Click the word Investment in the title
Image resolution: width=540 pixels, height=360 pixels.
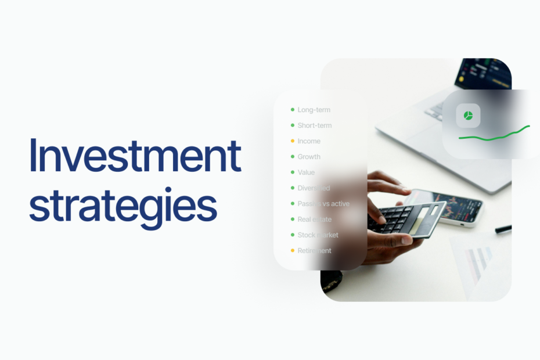[135, 156]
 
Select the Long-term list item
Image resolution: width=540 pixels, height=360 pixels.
[314, 110]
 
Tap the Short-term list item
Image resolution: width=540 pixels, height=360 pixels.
[314, 125]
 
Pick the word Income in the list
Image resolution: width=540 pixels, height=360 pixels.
[309, 141]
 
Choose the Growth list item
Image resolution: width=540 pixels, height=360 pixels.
[309, 157]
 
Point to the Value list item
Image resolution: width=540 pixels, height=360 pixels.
[306, 172]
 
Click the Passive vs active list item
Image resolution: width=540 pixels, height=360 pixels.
[323, 204]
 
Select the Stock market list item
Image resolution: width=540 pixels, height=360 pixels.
[318, 235]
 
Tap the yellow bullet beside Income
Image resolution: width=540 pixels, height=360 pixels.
[293, 141]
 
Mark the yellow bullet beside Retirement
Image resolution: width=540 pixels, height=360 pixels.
[293, 251]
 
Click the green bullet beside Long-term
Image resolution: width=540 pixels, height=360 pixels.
[293, 110]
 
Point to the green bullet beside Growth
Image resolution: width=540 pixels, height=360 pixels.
[293, 157]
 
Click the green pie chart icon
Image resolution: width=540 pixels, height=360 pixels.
[468, 116]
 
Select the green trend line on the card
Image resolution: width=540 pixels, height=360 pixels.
[494, 135]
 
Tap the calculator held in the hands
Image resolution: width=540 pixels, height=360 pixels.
[406, 218]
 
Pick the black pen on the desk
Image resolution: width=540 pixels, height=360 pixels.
[503, 229]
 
